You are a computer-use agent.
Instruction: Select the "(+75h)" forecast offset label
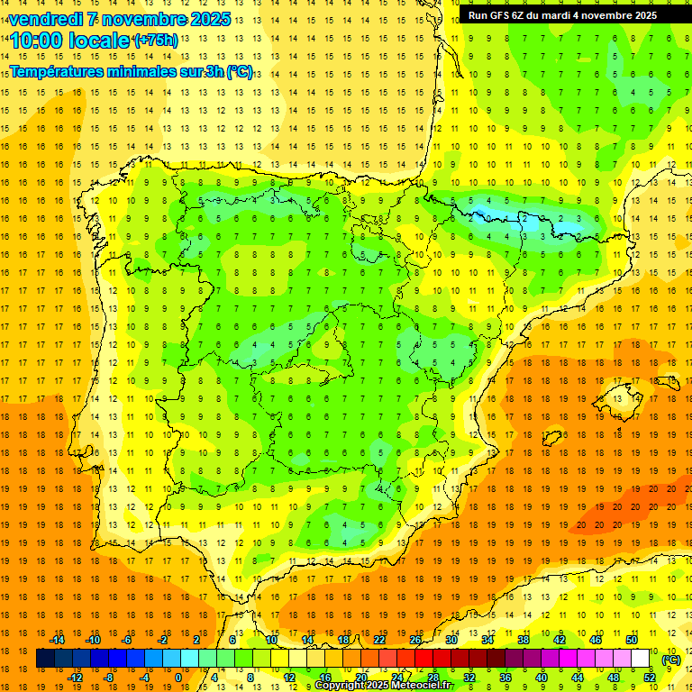click(155, 40)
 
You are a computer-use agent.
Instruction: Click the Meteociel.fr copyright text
click(383, 686)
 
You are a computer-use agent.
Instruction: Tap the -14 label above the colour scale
click(57, 640)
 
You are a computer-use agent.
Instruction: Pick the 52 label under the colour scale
click(650, 677)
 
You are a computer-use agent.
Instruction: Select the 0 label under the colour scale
click(178, 677)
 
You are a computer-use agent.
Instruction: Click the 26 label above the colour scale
click(415, 640)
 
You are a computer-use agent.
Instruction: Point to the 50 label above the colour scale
click(632, 640)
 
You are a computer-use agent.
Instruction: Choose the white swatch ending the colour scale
click(641, 659)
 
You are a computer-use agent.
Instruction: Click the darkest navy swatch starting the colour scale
click(45, 659)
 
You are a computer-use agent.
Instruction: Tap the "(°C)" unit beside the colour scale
click(671, 659)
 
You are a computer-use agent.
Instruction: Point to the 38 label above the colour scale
click(524, 640)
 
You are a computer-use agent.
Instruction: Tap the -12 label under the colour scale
click(76, 677)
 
